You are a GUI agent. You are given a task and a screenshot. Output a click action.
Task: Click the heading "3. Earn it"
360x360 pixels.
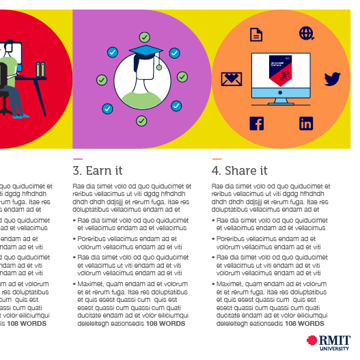[98, 171]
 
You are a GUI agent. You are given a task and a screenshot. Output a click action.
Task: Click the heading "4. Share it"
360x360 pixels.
[239, 171]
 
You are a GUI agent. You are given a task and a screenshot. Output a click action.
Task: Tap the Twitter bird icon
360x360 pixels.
[332, 79]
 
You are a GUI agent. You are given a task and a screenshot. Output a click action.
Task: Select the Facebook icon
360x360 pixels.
[256, 124]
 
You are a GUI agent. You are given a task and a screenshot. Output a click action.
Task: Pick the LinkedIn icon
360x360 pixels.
[306, 124]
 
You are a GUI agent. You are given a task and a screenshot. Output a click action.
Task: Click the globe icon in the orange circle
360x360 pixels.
[305, 33]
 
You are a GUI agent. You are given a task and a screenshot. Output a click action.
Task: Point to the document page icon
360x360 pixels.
[256, 34]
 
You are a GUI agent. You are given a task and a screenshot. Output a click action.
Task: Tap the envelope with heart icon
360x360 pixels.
[232, 79]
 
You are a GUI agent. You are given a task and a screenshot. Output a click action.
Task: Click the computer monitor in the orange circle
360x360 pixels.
[281, 77]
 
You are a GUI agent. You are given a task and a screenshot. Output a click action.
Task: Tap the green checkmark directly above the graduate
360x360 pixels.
[144, 37]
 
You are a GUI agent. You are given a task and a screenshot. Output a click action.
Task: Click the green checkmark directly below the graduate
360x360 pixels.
[141, 121]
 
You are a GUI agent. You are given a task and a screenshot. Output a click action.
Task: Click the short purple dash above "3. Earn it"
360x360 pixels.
[77, 158]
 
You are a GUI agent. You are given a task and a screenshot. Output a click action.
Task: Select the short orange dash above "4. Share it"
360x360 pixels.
[217, 158]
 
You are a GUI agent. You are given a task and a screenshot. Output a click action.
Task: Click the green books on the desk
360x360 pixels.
[41, 69]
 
